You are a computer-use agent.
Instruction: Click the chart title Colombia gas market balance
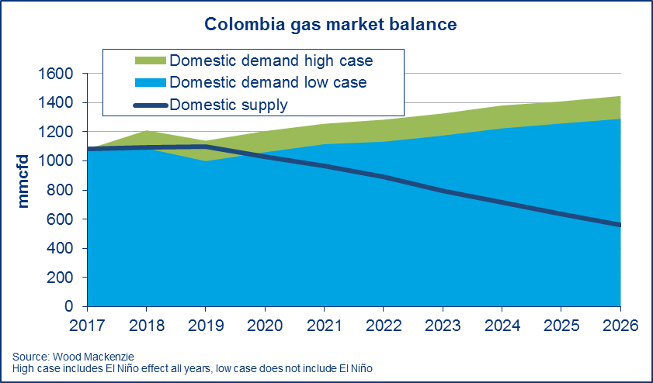330,25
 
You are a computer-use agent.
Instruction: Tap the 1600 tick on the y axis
57,74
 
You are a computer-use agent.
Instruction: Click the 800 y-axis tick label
62,190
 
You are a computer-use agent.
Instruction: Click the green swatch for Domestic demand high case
149,60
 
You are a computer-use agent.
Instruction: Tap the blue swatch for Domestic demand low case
149,82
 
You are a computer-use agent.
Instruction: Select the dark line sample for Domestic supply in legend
149,105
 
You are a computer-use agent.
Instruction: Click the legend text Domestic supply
228,105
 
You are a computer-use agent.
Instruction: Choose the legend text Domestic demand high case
271,60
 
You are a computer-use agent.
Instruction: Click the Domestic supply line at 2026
620,225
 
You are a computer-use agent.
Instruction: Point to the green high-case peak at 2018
146,132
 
